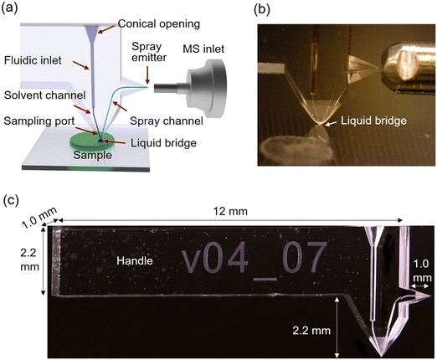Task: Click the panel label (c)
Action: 12,201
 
